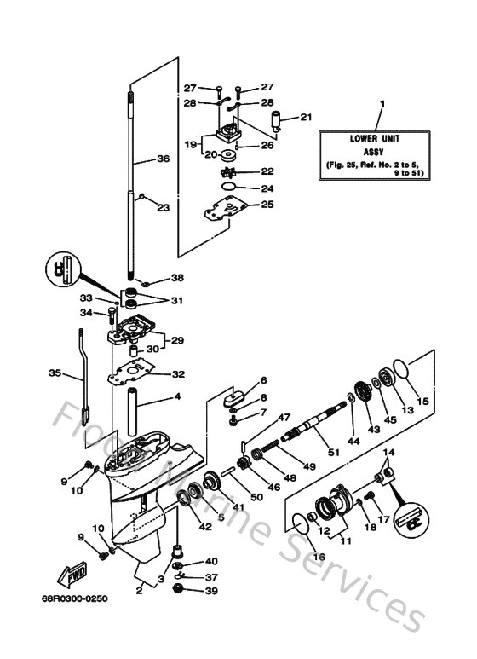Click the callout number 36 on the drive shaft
[164, 158]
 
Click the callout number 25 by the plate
[267, 205]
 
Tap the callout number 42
[204, 526]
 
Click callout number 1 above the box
[382, 104]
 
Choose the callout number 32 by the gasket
[178, 373]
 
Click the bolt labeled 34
[113, 321]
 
